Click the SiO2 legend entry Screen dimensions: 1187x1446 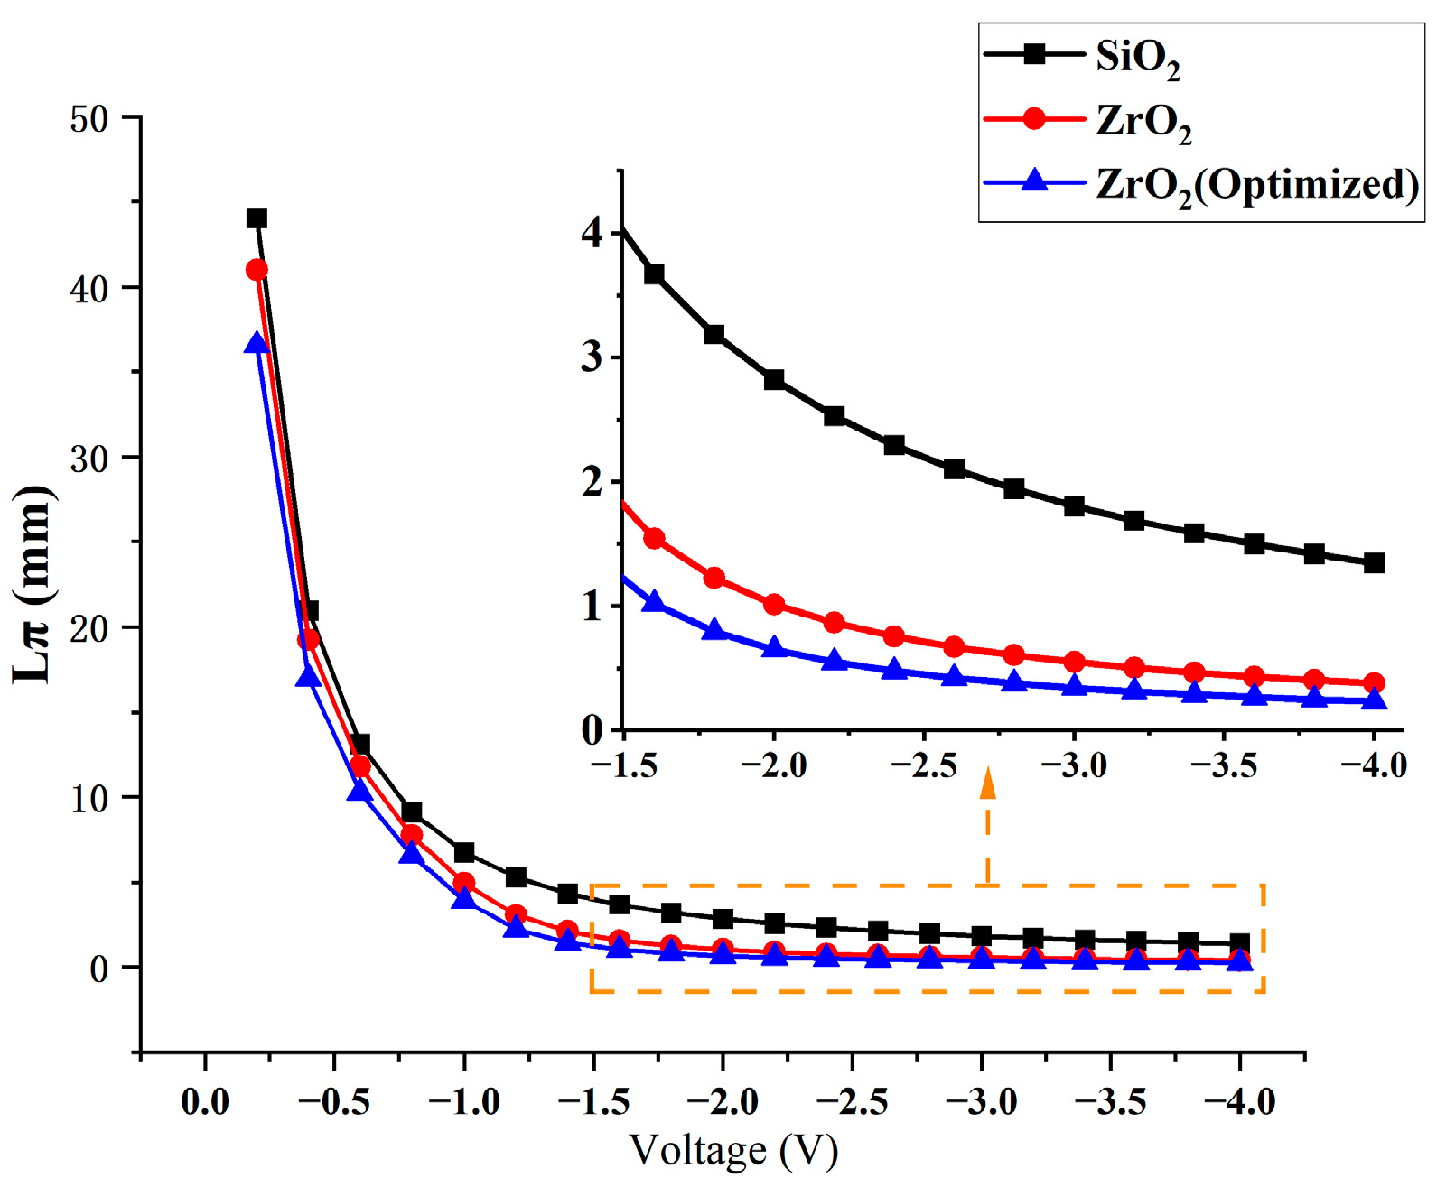pyautogui.click(x=1136, y=57)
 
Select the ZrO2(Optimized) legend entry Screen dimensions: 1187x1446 pyautogui.click(x=1255, y=185)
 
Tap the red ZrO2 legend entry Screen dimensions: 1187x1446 pyautogui.click(x=1142, y=121)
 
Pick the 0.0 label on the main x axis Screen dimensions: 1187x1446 pyautogui.click(x=205, y=1101)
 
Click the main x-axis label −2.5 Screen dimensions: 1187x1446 pyautogui.click(x=852, y=1101)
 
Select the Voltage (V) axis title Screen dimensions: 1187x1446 pyautogui.click(x=733, y=1150)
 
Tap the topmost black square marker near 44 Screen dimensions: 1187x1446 pyautogui.click(x=257, y=218)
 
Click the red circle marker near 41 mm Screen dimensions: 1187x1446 pyautogui.click(x=257, y=270)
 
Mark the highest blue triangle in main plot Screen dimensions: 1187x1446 pyautogui.click(x=257, y=343)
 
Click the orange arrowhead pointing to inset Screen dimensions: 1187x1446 pyautogui.click(x=988, y=784)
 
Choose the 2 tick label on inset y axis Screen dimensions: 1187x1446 pyautogui.click(x=592, y=482)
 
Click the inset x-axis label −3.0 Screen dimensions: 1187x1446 pyautogui.click(x=1074, y=766)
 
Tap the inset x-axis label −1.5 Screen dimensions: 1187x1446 pyautogui.click(x=623, y=766)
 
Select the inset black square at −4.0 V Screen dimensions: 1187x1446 pyautogui.click(x=1374, y=563)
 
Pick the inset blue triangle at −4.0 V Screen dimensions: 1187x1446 pyautogui.click(x=1374, y=700)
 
